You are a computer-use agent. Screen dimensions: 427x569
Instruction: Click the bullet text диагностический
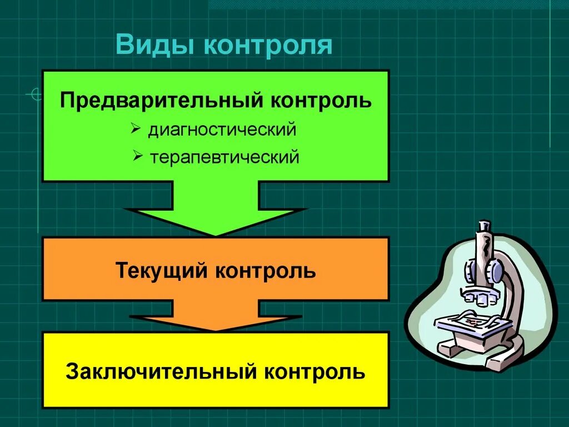tap(222, 131)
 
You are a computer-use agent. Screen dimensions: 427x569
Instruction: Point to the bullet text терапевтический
tap(224, 157)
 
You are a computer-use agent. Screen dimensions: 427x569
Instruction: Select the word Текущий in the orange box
tap(162, 271)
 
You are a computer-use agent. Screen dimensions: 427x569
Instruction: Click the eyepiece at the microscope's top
tap(483, 227)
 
